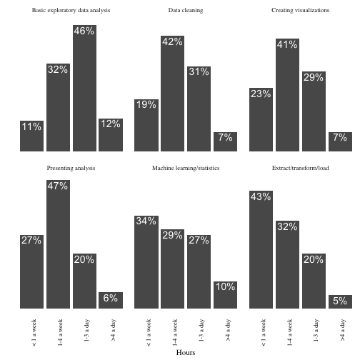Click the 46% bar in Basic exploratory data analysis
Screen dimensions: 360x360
pyautogui.click(x=84, y=88)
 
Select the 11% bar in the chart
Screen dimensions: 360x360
pyautogui.click(x=31, y=136)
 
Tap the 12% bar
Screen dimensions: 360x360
pyautogui.click(x=111, y=135)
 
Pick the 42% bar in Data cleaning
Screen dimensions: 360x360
pyautogui.click(x=172, y=94)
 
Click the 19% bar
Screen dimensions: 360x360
pyautogui.click(x=146, y=125)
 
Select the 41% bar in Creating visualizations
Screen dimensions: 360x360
pyautogui.click(x=287, y=95)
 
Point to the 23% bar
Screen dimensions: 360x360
pyautogui.click(x=261, y=119)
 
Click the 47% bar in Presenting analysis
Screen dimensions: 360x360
pyautogui.click(x=58, y=244)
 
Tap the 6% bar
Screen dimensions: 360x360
pyautogui.click(x=111, y=300)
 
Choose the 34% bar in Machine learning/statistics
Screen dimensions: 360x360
pyautogui.click(x=146, y=262)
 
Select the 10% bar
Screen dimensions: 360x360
pyautogui.click(x=225, y=295)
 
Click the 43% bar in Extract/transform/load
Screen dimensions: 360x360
pyautogui.click(x=261, y=249)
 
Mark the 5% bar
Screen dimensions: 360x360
pyautogui.click(x=340, y=301)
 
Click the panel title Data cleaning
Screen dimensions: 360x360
pyautogui.click(x=186, y=10)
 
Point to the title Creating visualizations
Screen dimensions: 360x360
pyautogui.click(x=301, y=10)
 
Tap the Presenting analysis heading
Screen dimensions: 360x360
pyautogui.click(x=71, y=168)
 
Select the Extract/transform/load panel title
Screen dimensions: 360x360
pyautogui.click(x=301, y=168)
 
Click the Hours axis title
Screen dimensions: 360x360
pyautogui.click(x=186, y=352)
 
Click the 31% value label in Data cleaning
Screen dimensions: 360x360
pyautogui.click(x=199, y=71)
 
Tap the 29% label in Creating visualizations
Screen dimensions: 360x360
pyautogui.click(x=314, y=77)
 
